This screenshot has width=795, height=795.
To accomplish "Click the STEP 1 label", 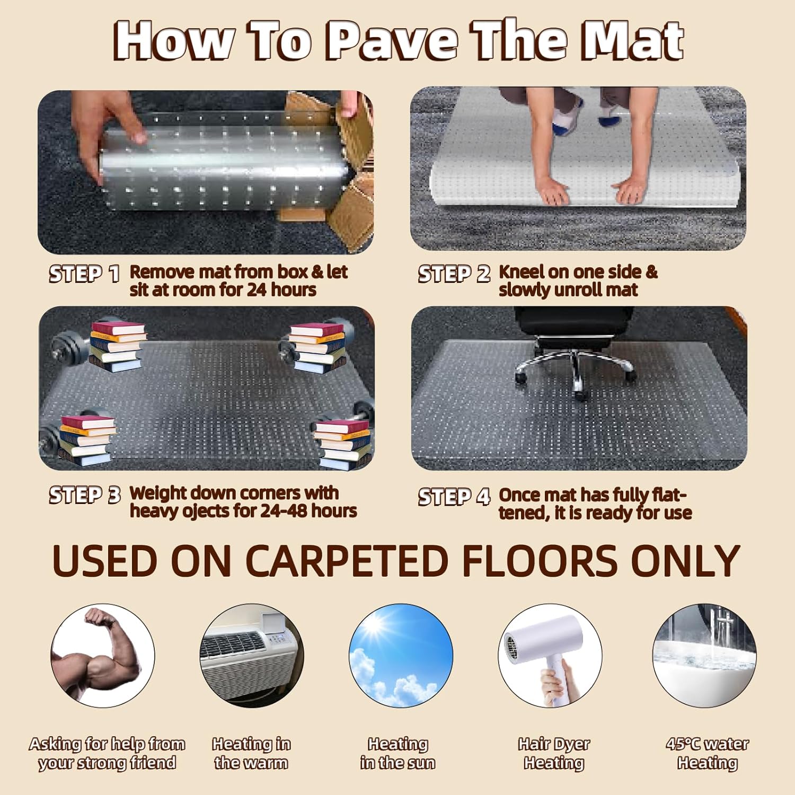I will click(84, 274).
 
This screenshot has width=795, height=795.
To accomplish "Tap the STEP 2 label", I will click(454, 274).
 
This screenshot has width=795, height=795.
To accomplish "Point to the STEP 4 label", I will click(454, 497).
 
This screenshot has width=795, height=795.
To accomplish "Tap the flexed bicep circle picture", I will click(103, 656).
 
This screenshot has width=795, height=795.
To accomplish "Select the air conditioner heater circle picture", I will click(251, 656).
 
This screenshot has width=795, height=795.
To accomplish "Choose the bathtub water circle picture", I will click(704, 656).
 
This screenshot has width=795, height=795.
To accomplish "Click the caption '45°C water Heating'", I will click(707, 753).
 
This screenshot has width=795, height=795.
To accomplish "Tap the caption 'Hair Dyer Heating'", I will click(554, 753).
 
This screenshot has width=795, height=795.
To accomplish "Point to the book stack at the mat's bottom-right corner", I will click(342, 444).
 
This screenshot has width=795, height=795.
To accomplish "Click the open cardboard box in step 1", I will click(344, 175).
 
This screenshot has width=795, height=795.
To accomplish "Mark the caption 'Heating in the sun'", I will click(397, 753).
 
